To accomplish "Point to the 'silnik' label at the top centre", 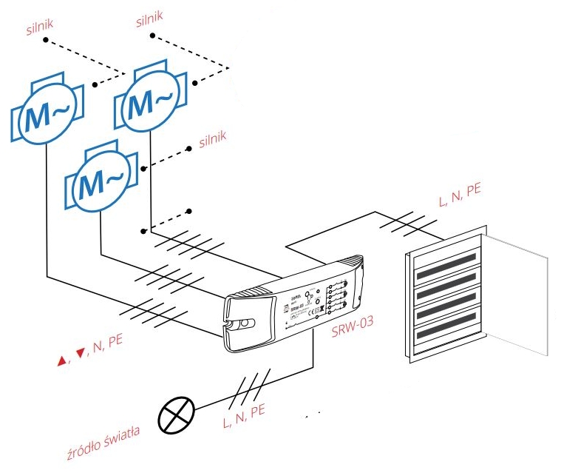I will coord(150,16).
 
